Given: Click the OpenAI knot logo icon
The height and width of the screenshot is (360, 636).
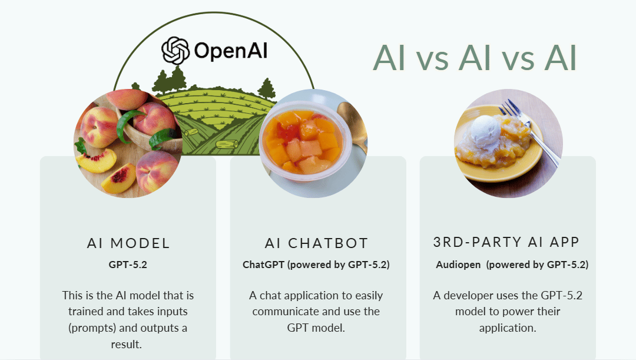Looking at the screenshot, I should (175, 51).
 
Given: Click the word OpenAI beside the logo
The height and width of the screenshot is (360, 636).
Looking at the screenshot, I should (231, 51).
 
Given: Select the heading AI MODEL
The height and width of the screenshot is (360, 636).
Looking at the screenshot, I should (128, 243).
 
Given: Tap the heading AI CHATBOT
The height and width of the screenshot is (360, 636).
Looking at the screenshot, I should (316, 243).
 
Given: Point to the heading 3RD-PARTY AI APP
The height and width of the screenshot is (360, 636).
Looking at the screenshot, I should (506, 242).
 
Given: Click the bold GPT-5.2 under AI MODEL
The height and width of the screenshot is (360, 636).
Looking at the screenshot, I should (128, 265).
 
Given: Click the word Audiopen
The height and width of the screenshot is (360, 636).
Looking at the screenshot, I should (459, 265).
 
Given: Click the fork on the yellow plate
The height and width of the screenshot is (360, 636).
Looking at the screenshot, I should (530, 127).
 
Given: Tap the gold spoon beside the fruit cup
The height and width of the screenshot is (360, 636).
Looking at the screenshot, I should (352, 121).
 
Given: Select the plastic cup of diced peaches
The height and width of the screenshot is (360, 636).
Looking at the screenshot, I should (304, 141).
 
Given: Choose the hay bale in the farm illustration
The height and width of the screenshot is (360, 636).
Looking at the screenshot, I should (226, 144).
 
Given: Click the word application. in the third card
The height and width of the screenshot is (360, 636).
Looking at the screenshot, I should (507, 328).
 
